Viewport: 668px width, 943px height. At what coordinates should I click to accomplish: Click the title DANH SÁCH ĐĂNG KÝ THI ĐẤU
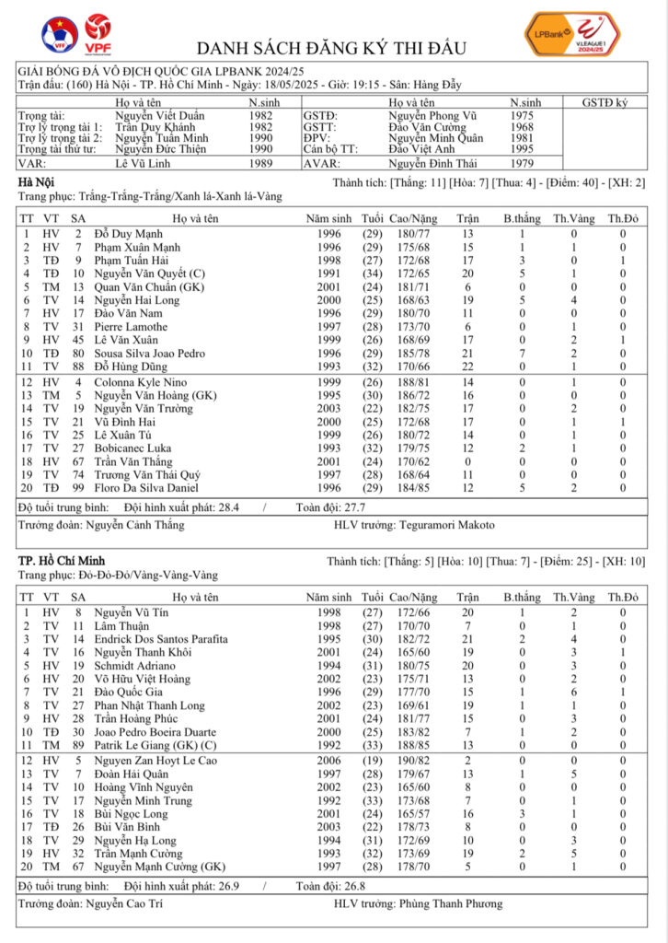click(332, 49)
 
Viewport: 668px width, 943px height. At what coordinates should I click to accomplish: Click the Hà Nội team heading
click(38, 183)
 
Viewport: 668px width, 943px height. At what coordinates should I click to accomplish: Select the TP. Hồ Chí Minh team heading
click(62, 561)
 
